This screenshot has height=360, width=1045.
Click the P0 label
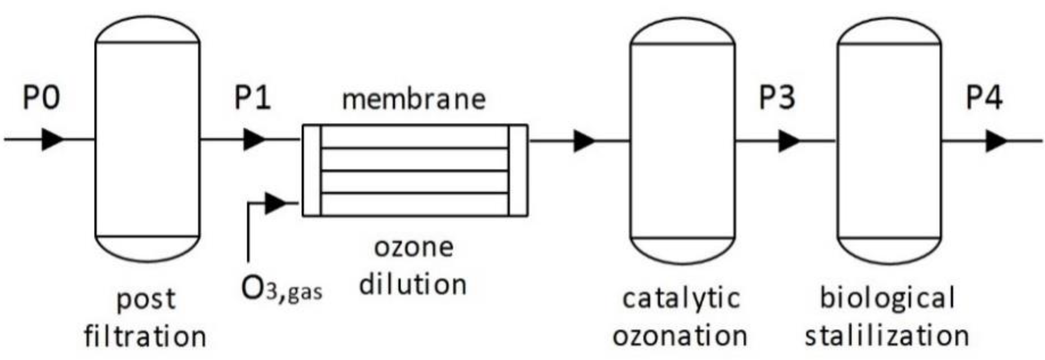pos(41,98)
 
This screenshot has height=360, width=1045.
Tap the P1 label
pos(252,98)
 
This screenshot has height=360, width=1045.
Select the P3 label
pos(777,98)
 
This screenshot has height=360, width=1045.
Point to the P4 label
pos(984,98)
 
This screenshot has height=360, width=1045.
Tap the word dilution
pos(413,285)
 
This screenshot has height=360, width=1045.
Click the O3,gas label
pos(282,289)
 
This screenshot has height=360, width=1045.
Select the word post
pos(146,300)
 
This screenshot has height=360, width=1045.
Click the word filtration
pos(145,336)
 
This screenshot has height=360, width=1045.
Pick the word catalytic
pos(682,299)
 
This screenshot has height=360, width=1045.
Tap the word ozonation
pos(680,336)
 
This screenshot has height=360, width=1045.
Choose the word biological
pos(888,299)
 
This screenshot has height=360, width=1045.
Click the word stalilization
pos(887,336)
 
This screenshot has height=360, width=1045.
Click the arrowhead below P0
pos(53,139)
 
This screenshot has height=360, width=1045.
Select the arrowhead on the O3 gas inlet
pos(275,204)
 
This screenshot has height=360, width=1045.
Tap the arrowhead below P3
pos(789,141)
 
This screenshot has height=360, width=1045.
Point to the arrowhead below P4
pos(996,141)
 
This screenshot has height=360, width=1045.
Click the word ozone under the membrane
pos(413,247)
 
